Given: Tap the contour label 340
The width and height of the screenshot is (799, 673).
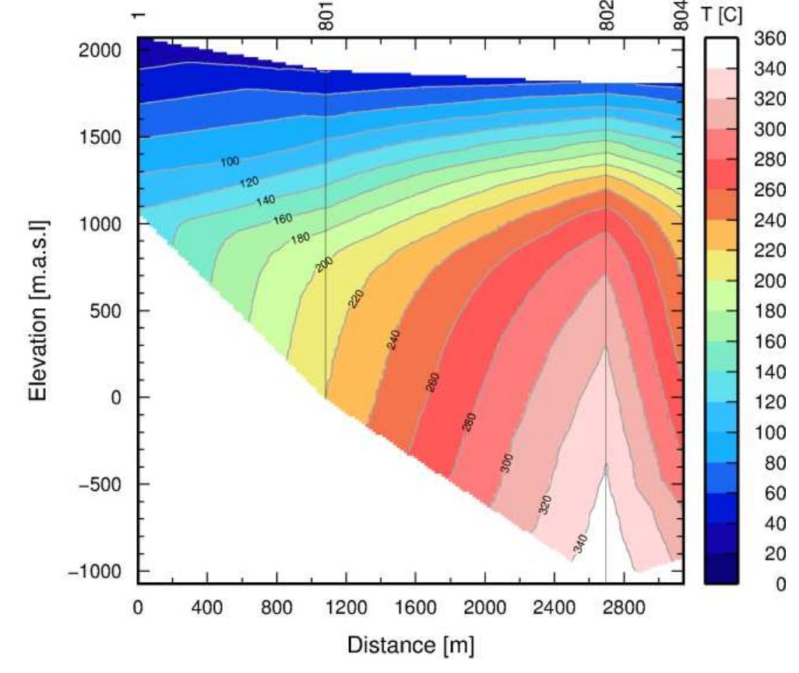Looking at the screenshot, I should pyautogui.click(x=580, y=544).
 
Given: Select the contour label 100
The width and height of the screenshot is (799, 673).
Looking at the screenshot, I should pyautogui.click(x=229, y=162).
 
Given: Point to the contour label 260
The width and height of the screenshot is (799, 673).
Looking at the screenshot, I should pyautogui.click(x=435, y=382).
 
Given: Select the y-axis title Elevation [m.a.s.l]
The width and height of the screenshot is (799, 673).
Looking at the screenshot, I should pyautogui.click(x=40, y=310).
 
